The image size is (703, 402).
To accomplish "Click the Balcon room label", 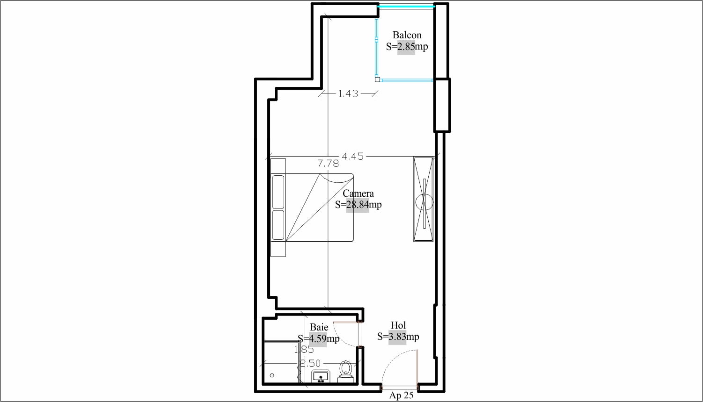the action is click(407, 35).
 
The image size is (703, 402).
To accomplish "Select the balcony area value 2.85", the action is click(406, 47).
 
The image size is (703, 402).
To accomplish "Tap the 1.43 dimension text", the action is click(348, 93).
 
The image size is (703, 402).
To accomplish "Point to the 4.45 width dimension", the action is click(352, 156).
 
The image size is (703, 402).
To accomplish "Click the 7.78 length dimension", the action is click(328, 163).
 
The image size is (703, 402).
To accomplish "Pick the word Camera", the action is click(358, 194).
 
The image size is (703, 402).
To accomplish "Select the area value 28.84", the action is click(358, 205).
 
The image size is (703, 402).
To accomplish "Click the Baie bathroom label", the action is click(319, 327).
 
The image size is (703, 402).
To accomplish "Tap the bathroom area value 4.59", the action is click(318, 339).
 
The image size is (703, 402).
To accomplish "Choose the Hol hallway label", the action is click(398, 325).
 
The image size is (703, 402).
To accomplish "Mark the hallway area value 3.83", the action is click(397, 337).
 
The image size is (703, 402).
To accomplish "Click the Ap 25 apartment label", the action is click(401, 395).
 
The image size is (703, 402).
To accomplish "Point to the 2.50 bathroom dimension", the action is click(310, 364).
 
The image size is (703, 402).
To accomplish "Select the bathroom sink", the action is click(321, 376).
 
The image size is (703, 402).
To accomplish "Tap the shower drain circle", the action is click(272, 375).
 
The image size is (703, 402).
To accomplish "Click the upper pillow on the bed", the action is click(278, 192).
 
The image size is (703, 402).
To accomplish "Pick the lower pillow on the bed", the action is click(278, 225).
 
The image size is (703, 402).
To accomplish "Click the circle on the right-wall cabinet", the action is click(425, 202).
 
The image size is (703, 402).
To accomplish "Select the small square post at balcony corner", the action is click(378, 79).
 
